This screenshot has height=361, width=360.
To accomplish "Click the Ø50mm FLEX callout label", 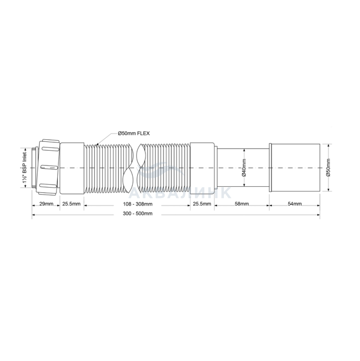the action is pos(134,133).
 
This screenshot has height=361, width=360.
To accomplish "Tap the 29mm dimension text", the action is pos(46,204).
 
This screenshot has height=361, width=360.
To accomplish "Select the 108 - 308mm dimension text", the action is pos(137,204).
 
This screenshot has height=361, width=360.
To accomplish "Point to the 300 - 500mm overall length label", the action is pos(137,214).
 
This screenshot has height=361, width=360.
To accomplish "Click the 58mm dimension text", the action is pos(241,204).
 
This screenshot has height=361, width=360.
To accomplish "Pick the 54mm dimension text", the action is pos(294,204).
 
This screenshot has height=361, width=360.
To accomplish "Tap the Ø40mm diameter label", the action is pos(244,168).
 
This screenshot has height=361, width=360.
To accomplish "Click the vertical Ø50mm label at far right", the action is pos(328,168).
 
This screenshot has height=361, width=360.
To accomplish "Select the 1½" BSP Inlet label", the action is pos(25,168).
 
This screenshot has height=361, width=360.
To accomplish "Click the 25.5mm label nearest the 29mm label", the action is pos(72,204).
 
